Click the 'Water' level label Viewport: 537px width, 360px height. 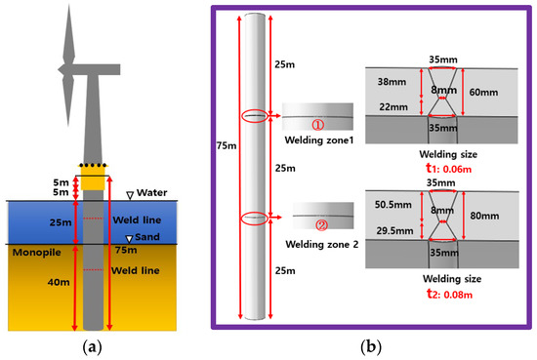143,192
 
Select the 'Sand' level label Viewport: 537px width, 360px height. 140,237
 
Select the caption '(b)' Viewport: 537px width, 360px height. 370,342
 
